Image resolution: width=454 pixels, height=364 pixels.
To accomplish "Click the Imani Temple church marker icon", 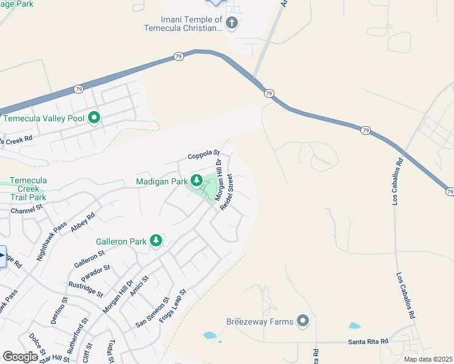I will [x=231, y=24].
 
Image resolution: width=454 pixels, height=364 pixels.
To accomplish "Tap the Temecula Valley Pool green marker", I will [x=94, y=118].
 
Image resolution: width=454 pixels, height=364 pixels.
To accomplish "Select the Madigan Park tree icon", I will [x=196, y=180].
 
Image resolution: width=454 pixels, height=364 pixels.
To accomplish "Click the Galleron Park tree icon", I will [x=156, y=241].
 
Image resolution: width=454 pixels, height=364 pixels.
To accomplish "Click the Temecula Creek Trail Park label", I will [x=29, y=189].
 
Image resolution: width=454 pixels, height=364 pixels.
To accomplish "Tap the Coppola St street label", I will [x=203, y=156].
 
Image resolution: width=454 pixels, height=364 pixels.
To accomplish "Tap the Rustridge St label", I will [x=85, y=288].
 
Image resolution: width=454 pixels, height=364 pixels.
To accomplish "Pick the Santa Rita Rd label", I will [x=368, y=342].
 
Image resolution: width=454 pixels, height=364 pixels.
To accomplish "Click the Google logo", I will [x=20, y=357].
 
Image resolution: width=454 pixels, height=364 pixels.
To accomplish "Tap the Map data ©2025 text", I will [x=428, y=359].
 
